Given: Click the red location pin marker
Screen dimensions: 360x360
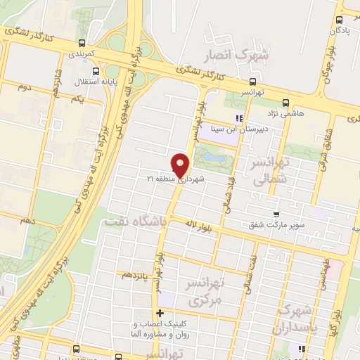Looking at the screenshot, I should point(181,165).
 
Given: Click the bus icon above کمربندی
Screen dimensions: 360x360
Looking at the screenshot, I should point(83,43).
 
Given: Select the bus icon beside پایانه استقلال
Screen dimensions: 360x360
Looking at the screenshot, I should point(96,71).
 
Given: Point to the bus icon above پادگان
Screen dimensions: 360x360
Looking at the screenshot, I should point(340,19).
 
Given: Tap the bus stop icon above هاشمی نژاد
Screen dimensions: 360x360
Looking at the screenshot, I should point(285,102).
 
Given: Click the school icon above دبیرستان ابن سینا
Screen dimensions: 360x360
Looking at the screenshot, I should point(239,118).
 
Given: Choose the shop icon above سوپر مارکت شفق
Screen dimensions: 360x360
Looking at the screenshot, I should point(276,215).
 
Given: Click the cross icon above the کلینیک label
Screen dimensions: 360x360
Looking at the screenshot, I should point(160,314).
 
